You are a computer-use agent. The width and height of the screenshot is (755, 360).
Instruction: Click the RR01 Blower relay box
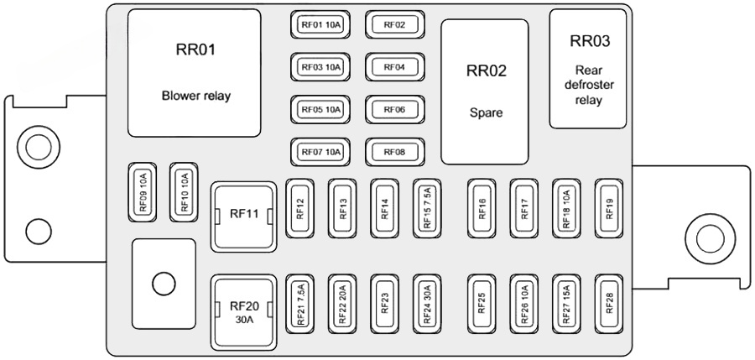pos(194,73)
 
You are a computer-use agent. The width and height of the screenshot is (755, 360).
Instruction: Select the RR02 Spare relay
pos(485,92)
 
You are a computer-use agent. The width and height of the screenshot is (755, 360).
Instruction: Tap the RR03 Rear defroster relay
pos(588,69)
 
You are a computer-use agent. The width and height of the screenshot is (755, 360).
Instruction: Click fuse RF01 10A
pos(320,25)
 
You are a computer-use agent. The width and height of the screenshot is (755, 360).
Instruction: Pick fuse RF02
pos(394,25)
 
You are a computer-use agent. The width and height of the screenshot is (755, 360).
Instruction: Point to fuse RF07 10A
pos(320,152)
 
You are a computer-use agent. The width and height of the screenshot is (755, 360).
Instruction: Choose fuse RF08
pos(394,152)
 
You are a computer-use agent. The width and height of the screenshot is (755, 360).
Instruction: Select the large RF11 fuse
pos(243,216)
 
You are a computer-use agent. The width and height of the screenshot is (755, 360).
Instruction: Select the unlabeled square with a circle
pos(164,284)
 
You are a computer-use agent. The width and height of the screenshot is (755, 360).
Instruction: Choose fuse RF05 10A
pos(320,110)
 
